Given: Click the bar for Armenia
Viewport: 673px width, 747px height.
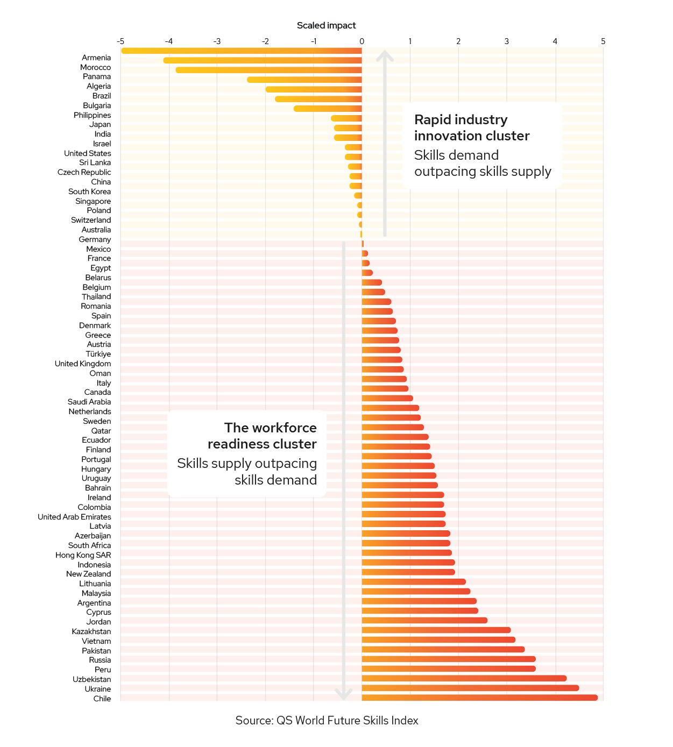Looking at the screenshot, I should (x=242, y=51).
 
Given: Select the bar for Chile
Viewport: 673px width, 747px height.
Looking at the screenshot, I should (x=479, y=698).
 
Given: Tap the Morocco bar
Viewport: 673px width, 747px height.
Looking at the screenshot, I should (x=263, y=60).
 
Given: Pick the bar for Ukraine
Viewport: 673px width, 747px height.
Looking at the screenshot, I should (x=470, y=688).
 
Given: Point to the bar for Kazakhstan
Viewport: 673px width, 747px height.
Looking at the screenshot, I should (x=436, y=630).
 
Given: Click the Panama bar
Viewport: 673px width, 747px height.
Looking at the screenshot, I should (x=268, y=70).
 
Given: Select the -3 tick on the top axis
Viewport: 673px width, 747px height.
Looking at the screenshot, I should (x=217, y=41).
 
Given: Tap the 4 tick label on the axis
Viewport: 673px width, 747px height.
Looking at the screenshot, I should (x=555, y=41).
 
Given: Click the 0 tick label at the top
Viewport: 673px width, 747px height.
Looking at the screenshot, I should (x=362, y=41).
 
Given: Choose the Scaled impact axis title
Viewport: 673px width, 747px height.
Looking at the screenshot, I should (x=326, y=25).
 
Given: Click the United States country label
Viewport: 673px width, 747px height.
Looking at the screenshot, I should (x=87, y=153).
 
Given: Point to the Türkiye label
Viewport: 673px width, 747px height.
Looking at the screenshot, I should (x=98, y=354).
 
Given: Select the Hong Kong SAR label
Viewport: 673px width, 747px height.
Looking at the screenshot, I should (x=83, y=555).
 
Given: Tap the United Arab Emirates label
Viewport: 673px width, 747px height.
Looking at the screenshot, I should (x=74, y=517).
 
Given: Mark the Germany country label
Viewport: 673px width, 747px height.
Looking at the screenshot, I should (x=95, y=239).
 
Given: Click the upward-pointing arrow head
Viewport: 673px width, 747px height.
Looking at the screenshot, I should (x=385, y=55).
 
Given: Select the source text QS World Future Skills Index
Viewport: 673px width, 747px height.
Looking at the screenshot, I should (x=347, y=721).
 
